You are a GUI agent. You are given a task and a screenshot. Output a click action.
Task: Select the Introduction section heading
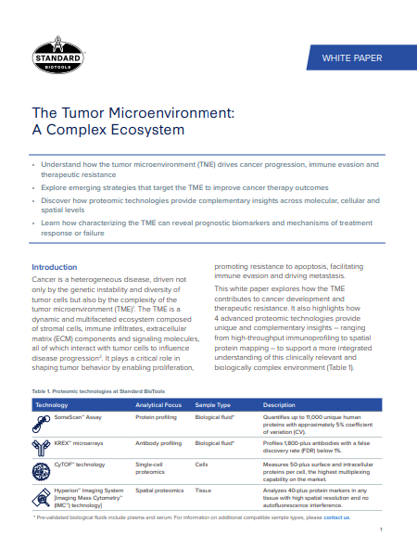(x=61, y=267)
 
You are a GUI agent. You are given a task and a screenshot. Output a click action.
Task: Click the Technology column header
(x=57, y=405)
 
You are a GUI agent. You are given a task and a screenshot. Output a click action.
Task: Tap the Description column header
(x=279, y=405)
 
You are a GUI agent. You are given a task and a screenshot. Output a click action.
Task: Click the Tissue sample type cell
(x=204, y=491)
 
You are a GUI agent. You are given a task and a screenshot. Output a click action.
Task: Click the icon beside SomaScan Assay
(x=43, y=423)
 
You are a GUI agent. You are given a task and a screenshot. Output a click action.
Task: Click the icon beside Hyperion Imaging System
(x=43, y=496)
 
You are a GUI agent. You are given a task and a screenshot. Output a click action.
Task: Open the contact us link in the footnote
(x=337, y=516)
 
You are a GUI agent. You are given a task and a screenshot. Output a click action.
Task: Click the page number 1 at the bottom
(x=381, y=529)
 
